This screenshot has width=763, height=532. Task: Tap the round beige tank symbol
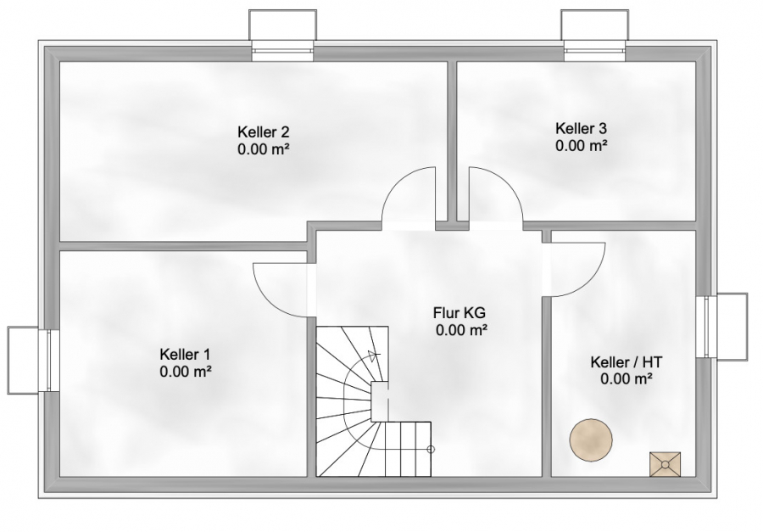click(x=591, y=439)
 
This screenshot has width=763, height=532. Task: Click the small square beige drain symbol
click(x=665, y=464)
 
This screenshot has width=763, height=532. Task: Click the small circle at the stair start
click(x=431, y=449)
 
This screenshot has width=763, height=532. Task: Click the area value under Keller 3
click(x=582, y=146)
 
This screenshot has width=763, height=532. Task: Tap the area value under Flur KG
click(x=462, y=330)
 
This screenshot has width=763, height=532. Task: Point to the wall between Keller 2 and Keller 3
click(x=452, y=142)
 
